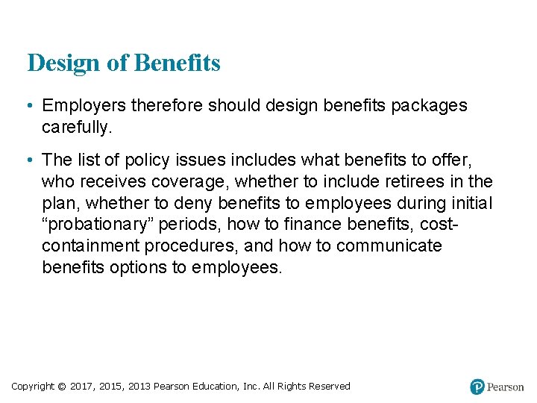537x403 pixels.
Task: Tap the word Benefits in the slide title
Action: click(178, 63)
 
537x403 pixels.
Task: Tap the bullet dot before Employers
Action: click(30, 107)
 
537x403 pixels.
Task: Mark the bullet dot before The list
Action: click(30, 160)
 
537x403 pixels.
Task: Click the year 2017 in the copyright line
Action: click(83, 386)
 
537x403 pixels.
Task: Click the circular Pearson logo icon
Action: click(477, 387)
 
